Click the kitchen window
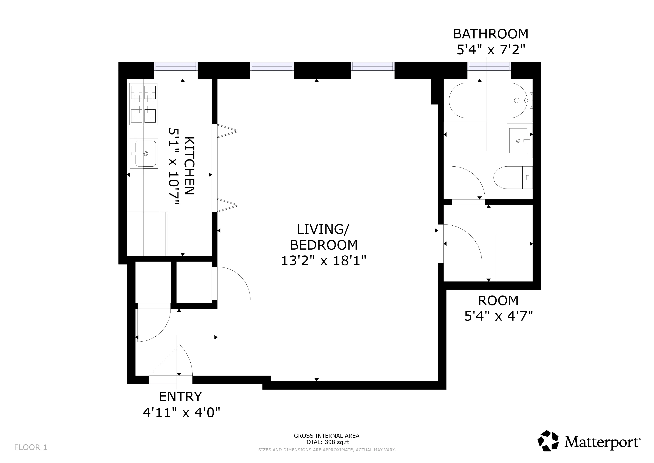176,67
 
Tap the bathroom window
489,67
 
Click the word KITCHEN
189,166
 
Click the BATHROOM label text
490,34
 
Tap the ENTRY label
180,397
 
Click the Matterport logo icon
548,441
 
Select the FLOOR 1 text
31,447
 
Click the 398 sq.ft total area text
326,442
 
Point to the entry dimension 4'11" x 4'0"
181,412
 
